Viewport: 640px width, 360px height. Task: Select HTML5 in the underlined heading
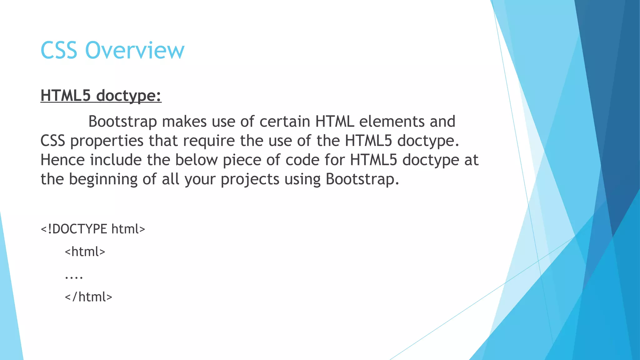point(66,95)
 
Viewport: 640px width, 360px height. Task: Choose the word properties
point(107,141)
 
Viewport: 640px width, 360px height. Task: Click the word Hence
point(62,160)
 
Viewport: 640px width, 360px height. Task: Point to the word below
point(196,160)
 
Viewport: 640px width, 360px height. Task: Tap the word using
point(302,179)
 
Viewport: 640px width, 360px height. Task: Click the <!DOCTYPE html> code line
point(93,229)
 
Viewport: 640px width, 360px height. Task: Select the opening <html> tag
point(85,252)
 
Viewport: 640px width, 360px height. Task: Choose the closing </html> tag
point(88,297)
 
